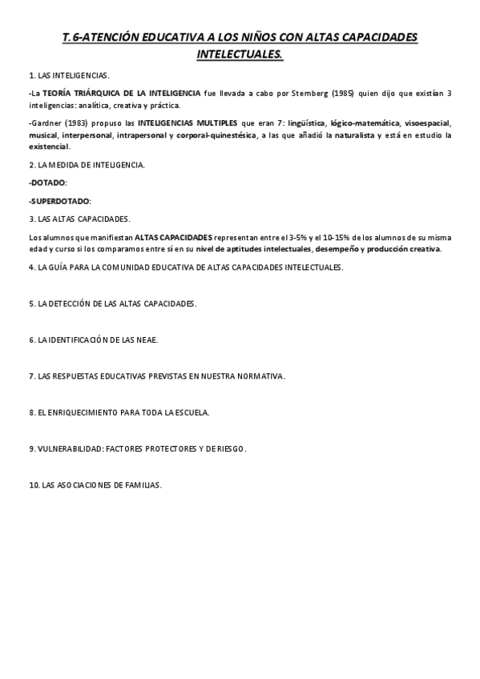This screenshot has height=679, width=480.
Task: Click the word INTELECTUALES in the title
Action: point(240,55)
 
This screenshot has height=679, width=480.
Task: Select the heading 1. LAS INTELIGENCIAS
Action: point(69,74)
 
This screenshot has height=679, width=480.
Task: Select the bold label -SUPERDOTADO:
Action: point(59,200)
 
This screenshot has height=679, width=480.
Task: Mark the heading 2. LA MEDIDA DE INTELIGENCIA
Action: point(87,165)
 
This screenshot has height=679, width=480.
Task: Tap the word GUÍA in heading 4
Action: point(63,267)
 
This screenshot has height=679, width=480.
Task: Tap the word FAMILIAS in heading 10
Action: point(143,484)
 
